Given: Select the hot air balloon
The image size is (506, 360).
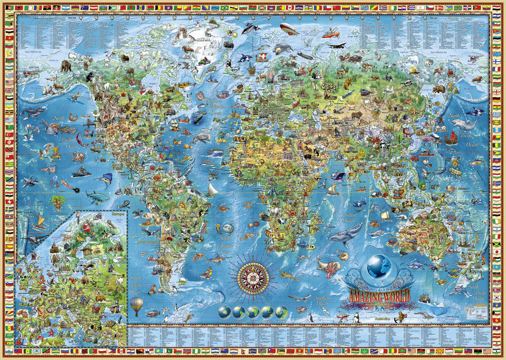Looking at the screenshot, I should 136,305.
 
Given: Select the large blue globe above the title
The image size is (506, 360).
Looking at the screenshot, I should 379,267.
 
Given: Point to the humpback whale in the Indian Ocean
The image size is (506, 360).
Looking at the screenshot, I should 346,232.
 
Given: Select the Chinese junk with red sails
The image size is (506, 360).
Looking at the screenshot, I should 451,139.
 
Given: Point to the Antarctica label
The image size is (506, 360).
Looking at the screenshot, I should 386,319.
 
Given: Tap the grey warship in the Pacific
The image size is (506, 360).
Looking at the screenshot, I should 81,172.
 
